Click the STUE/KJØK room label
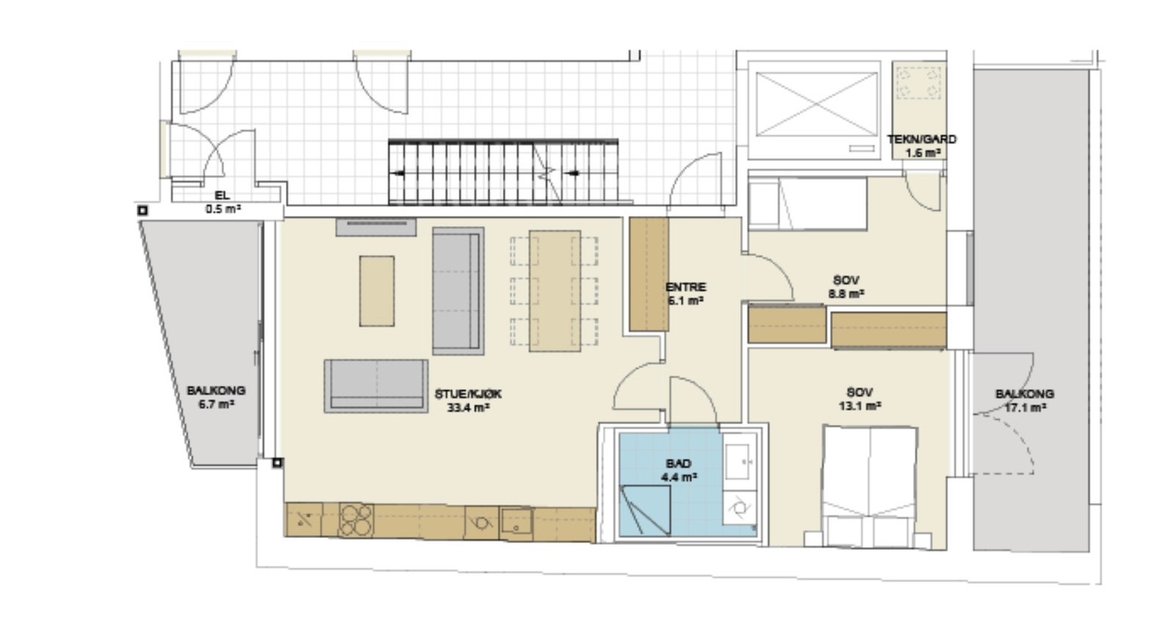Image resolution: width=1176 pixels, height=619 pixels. [468, 401]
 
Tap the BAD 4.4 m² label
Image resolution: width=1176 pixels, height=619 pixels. [679, 470]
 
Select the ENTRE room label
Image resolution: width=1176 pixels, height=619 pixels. [686, 294]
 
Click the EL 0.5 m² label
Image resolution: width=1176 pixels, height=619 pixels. [223, 202]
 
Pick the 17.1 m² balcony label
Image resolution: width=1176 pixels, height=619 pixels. [1025, 401]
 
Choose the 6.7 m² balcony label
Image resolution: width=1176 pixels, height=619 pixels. [216, 398]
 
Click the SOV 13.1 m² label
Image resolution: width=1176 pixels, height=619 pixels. [860, 399]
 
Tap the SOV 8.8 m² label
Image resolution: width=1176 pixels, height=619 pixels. [846, 287]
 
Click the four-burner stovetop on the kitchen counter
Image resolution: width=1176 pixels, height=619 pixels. [356, 520]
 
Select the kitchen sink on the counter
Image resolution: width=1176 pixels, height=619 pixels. [517, 523]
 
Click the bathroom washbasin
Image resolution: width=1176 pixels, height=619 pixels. [739, 462]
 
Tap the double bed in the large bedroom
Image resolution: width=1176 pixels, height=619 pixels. [870, 487]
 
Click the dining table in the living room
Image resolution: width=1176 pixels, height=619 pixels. [554, 291]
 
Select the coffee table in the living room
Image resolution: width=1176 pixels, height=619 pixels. [377, 291]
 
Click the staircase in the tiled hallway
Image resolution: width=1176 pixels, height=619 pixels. [503, 172]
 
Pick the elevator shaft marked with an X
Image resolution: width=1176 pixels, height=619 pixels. [817, 104]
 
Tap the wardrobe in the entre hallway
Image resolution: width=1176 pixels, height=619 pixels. [649, 274]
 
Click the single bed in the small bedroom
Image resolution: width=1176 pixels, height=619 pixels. [808, 204]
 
